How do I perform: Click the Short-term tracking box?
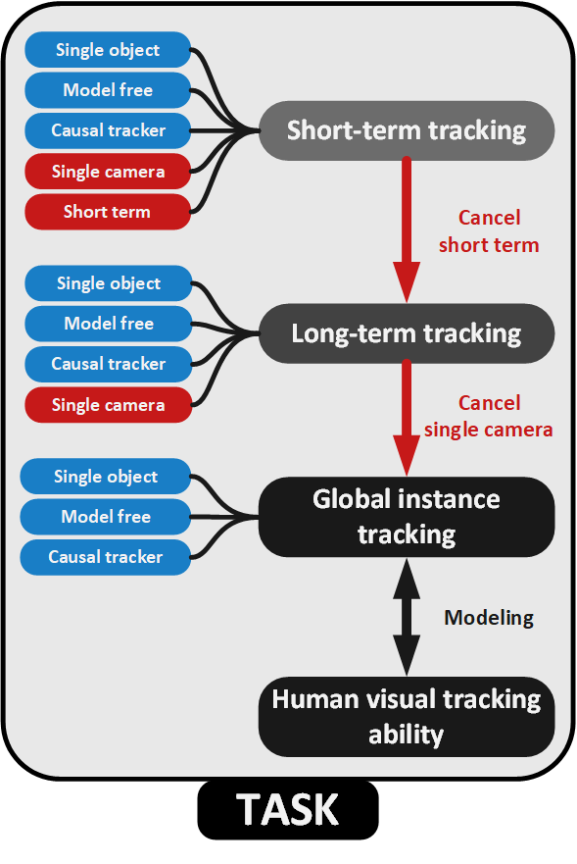point(407,130)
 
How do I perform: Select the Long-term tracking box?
point(407,333)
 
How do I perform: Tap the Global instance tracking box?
point(407,517)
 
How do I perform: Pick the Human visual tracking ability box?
point(407,717)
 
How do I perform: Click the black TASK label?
point(288,810)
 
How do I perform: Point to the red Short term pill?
point(108,212)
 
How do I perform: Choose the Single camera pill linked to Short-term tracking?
point(108,172)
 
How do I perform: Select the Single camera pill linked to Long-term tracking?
point(109,405)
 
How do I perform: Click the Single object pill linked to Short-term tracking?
point(108,50)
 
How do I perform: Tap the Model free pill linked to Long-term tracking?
point(109,324)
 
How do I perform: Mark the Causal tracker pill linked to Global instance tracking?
point(106,557)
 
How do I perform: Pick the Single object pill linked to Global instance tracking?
point(106,476)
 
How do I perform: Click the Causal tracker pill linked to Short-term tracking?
point(108,130)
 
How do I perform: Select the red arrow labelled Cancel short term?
point(407,229)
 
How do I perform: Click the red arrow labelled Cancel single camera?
point(407,417)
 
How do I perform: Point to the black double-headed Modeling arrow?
point(407,617)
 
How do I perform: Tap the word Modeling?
point(489,618)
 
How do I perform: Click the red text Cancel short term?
point(489,230)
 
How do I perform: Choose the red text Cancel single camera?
point(489,416)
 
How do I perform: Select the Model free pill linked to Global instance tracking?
point(106,517)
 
